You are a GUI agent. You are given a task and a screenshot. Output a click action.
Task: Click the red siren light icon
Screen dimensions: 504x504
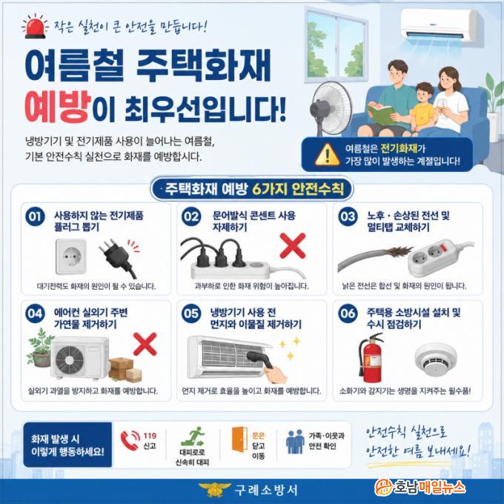pos(35,27)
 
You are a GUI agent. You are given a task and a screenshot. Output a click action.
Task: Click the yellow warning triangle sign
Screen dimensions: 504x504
pos(327,155)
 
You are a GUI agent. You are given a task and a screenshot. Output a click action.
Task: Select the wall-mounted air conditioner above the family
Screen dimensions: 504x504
pos(441,24)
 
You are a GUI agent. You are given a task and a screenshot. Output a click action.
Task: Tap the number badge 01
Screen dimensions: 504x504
pos(35,216)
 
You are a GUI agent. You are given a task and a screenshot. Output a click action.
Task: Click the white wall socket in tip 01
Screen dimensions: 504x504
pos(71,256)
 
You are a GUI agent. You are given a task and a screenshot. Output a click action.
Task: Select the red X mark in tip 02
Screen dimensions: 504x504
pos(293,246)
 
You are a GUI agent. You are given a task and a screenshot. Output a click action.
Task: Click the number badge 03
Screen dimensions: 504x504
pos(348,216)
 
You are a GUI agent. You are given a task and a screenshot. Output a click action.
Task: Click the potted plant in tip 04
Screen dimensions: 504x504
pos(41,348)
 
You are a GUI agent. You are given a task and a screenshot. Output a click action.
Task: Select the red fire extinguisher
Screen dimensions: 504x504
pos(371,358)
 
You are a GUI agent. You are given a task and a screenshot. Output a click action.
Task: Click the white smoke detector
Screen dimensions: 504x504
pos(436,359)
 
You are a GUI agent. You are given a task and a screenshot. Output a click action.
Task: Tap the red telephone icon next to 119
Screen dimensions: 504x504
pos(130,440)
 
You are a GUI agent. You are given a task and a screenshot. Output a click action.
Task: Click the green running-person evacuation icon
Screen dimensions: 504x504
pos(193,436)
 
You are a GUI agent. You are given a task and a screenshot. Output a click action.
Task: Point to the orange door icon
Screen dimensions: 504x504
pos(239,439)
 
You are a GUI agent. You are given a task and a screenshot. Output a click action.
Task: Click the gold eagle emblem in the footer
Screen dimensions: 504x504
pos(214,490)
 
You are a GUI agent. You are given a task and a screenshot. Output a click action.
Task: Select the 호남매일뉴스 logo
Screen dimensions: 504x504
pos(420,487)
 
